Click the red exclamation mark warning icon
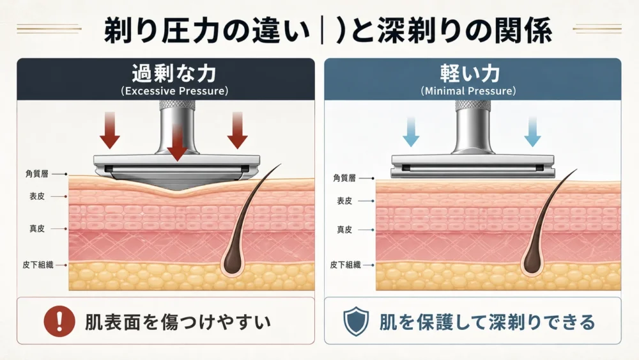coord(59,321)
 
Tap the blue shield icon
coord(356,321)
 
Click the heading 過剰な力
coord(174,74)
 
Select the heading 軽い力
coord(470,74)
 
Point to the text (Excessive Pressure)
coord(174,91)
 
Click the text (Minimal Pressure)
coord(468,91)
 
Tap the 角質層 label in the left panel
coord(36,174)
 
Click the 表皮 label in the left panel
coord(36,196)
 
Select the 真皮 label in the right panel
coord(344,230)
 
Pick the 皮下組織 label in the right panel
coord(346,265)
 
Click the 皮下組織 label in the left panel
coord(38,265)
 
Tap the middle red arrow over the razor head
coord(177,143)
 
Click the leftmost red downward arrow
coord(110,130)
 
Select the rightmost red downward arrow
coord(238,130)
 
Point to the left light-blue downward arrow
coord(411,131)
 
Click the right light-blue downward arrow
coord(532,131)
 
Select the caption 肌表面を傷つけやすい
coord(178,322)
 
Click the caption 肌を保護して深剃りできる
coord(487,322)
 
